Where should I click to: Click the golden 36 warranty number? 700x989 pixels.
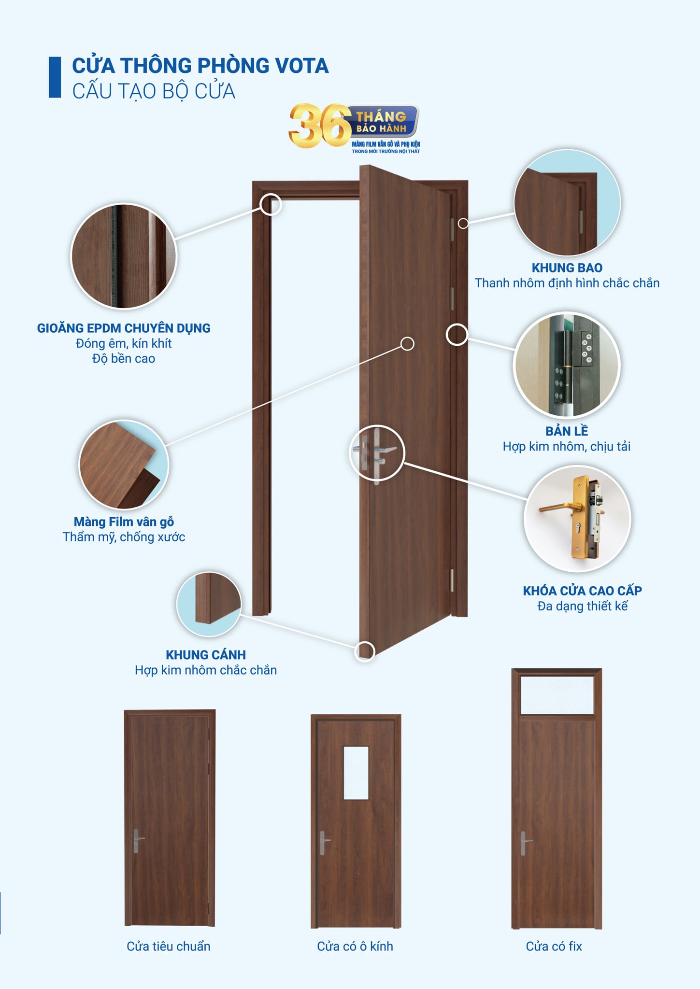coord(320,126)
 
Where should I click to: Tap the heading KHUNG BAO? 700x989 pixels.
coord(567,268)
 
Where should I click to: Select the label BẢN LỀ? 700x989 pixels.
coord(567,431)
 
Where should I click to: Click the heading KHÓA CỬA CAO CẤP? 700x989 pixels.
coord(582,591)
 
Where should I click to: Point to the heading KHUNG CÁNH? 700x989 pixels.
coord(206,655)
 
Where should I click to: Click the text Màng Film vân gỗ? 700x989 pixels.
coord(124,522)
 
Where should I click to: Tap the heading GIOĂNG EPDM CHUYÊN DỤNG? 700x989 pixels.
coord(124,328)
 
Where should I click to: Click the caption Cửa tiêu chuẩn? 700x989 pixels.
coord(169,946)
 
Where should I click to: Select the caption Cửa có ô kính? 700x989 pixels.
coord(355,946)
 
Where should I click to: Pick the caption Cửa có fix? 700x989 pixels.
coord(554,946)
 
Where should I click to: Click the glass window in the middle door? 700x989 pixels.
coord(356,773)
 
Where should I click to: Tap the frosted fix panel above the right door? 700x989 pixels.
coord(557,695)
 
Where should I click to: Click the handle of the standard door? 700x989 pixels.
coord(137,841)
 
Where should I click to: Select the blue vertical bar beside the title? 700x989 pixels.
coord(55,77)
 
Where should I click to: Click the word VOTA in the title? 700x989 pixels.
coord(301,66)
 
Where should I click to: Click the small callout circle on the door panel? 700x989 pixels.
coord(407,344)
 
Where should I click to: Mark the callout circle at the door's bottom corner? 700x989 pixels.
coord(365,651)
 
